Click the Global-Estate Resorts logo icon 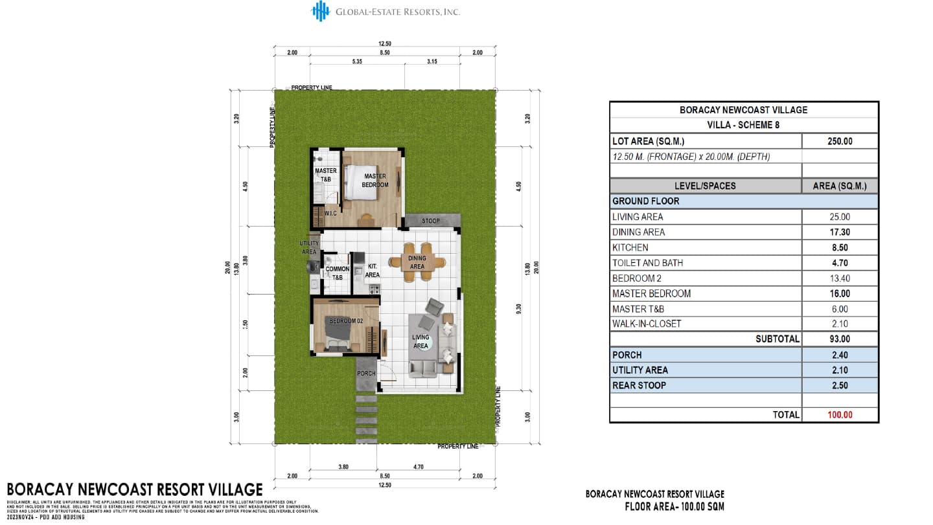click(x=321, y=11)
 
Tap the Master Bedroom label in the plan click(x=375, y=180)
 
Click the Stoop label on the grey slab click(x=430, y=221)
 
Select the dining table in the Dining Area click(x=417, y=262)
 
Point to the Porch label click(x=366, y=374)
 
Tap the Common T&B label click(x=337, y=273)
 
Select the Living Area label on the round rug click(x=420, y=341)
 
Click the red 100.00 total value click(x=840, y=415)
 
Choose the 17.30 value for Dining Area click(x=840, y=232)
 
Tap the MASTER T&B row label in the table click(x=638, y=309)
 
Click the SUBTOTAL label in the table click(x=777, y=339)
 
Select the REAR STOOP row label click(x=639, y=385)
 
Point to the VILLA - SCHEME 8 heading click(x=743, y=125)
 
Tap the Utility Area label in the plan click(x=309, y=247)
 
